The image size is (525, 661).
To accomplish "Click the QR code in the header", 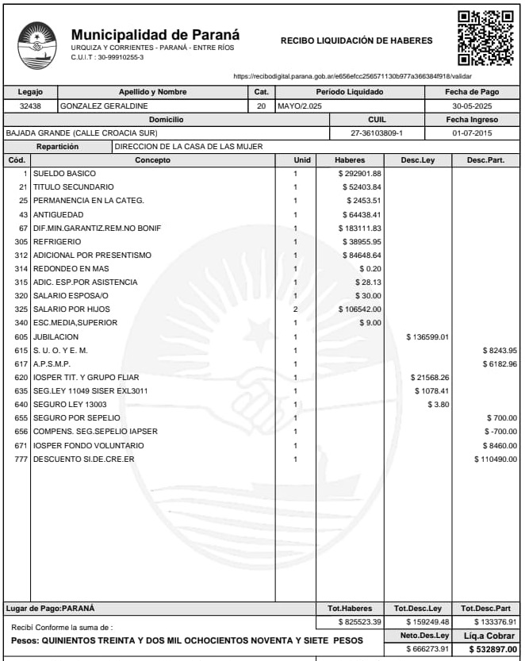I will [485, 38].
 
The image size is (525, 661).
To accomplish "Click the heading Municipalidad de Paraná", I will [155, 36].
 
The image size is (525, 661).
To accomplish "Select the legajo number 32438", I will [30, 106].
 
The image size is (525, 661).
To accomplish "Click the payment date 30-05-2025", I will [473, 106].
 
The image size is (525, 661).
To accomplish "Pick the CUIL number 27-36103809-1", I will [377, 133].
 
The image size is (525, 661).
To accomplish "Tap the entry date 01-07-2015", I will [473, 133].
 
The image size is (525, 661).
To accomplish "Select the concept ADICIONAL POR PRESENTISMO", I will [92, 255].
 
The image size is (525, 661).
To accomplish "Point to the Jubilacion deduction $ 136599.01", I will [427, 336].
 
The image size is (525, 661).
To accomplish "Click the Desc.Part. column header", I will [485, 159].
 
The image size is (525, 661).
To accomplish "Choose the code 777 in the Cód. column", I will [21, 459].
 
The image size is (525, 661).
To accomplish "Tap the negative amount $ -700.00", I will [500, 432].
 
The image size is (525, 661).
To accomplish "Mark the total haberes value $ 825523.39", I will [360, 621].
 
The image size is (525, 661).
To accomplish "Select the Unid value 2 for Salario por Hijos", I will [295, 309].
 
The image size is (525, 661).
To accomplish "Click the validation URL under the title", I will [353, 76].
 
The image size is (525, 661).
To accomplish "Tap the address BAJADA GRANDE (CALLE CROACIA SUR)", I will [82, 133].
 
